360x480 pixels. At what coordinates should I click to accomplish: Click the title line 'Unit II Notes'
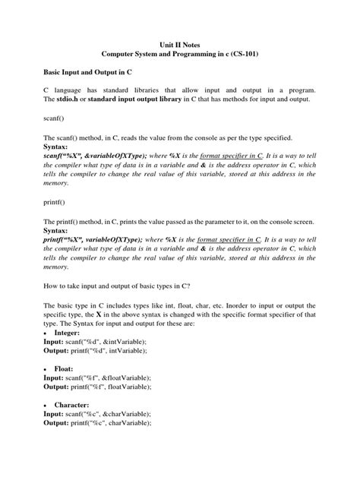point(179,46)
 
